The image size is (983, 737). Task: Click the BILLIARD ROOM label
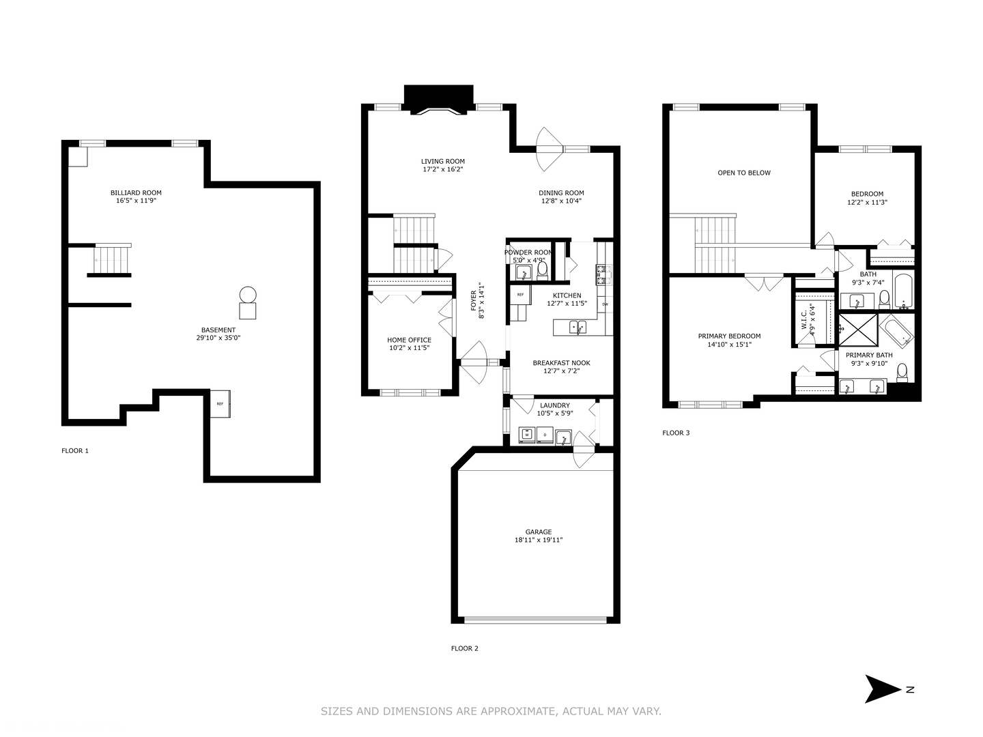pyautogui.click(x=136, y=193)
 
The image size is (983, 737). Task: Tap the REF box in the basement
pyautogui.click(x=220, y=404)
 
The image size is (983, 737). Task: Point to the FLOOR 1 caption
pyautogui.click(x=75, y=451)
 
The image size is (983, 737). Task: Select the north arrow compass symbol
pyautogui.click(x=884, y=689)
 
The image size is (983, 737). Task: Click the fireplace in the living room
pyautogui.click(x=438, y=98)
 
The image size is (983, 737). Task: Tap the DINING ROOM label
pyautogui.click(x=561, y=193)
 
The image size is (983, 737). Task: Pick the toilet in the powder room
pyautogui.click(x=542, y=272)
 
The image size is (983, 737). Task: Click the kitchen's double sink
pyautogui.click(x=578, y=327)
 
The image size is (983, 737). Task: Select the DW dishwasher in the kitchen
pyautogui.click(x=605, y=304)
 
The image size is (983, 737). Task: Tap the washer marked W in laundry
pyautogui.click(x=528, y=434)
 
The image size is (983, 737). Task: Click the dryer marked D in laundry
pyautogui.click(x=545, y=434)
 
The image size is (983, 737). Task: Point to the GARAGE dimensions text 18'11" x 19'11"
pyautogui.click(x=538, y=540)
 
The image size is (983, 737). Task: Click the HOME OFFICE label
pyautogui.click(x=409, y=340)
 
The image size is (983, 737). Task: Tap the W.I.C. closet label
pyautogui.click(x=804, y=317)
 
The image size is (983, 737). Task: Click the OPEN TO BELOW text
pyautogui.click(x=743, y=173)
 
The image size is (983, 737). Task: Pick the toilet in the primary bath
pyautogui.click(x=902, y=373)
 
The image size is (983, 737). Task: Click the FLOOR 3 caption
pyautogui.click(x=676, y=433)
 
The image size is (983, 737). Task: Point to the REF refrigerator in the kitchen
pyautogui.click(x=520, y=295)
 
